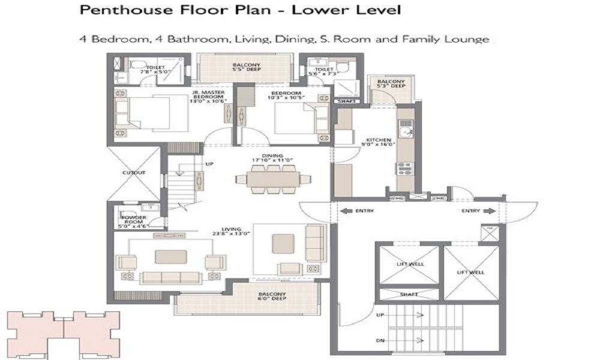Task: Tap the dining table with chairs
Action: (273, 179)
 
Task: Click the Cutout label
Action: (134, 173)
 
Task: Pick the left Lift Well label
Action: (410, 264)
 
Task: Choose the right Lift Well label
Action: (470, 272)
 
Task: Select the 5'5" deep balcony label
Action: (245, 67)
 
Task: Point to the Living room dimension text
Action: (230, 233)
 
